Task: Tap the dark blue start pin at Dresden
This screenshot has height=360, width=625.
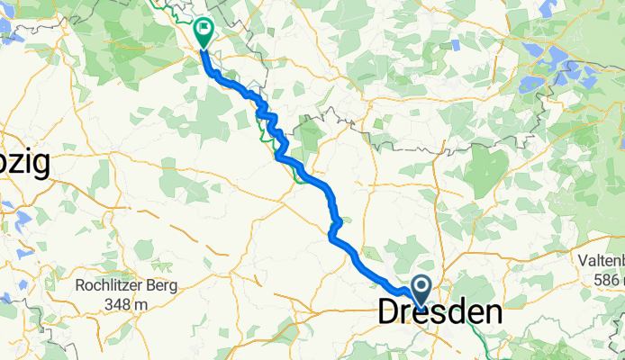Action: pyautogui.click(x=421, y=290)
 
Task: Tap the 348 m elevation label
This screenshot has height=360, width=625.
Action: pyautogui.click(x=124, y=306)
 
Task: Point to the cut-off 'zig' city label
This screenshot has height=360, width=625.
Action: pyautogui.click(x=23, y=165)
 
